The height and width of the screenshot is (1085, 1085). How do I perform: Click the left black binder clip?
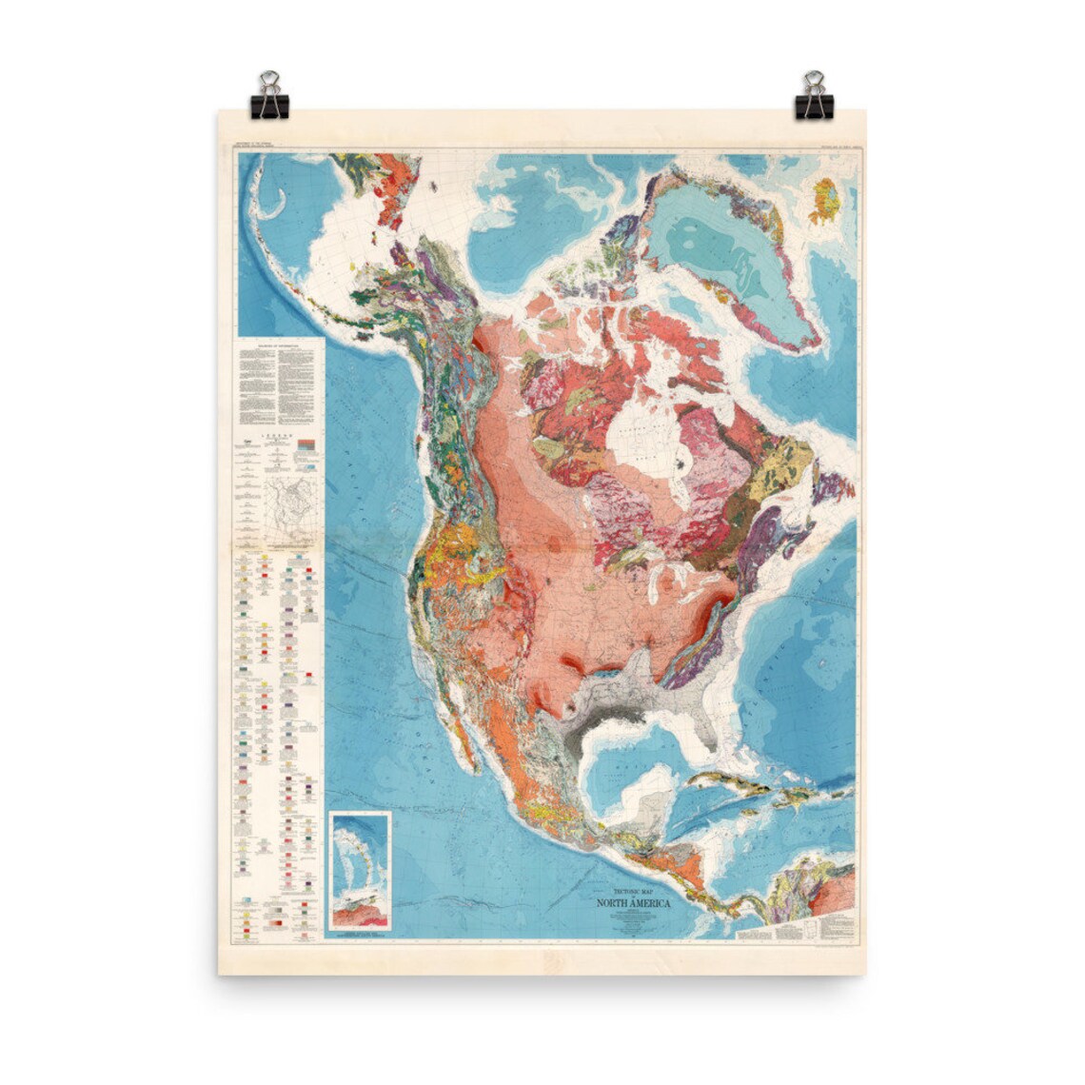tap(269, 97)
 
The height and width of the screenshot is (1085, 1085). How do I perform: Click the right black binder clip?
tap(814, 97)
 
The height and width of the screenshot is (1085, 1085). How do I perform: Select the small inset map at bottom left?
tap(359, 871)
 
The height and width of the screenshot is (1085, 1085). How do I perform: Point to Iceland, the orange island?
tap(825, 201)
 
